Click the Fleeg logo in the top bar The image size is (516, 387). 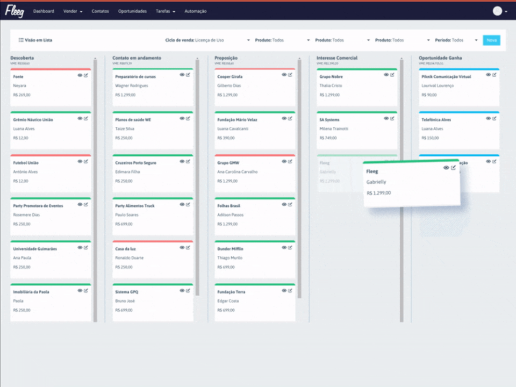click(15, 11)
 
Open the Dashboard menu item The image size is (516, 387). click(44, 11)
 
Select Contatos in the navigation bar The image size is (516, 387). click(100, 11)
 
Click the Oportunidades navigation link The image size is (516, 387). click(132, 11)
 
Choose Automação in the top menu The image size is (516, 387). click(195, 11)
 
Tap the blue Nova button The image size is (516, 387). click(491, 40)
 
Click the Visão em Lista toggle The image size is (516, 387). click(35, 40)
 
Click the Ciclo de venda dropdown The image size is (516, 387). click(207, 40)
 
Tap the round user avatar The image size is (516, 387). click(498, 11)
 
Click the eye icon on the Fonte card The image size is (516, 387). click(80, 75)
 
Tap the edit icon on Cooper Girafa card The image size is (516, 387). click(290, 75)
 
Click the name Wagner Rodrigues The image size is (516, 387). click(131, 85)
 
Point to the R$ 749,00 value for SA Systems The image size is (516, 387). click(328, 138)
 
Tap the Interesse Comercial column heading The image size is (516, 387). click(336, 58)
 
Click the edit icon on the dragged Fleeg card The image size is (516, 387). click(453, 168)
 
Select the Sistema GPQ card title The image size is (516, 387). click(127, 292)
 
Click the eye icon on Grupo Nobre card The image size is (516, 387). click(386, 75)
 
